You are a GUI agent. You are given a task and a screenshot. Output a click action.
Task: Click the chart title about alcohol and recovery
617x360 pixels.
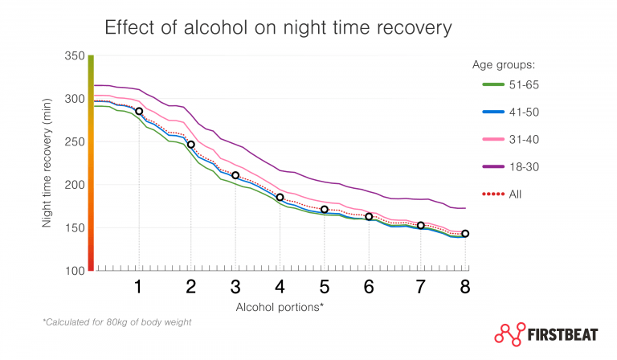[x=279, y=28]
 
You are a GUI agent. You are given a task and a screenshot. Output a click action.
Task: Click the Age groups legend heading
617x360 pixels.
[x=504, y=64]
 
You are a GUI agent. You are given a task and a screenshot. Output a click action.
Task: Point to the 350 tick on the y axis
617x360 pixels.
[x=73, y=56]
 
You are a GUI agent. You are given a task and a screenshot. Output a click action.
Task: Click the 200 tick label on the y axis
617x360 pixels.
[x=73, y=185]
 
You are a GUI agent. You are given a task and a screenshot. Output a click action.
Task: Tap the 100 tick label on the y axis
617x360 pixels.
[x=73, y=271]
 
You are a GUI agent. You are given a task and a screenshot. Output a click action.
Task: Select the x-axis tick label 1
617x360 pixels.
[x=139, y=287]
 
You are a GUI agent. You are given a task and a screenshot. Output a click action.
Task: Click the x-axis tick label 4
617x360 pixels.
[x=280, y=287]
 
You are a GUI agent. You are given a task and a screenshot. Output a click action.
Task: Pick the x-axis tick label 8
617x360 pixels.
[x=464, y=287]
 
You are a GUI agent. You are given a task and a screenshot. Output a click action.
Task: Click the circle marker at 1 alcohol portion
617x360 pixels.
[x=139, y=112]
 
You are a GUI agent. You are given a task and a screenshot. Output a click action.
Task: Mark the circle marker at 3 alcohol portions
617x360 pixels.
[x=235, y=175]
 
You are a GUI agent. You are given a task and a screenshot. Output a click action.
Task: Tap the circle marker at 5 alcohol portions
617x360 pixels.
[x=325, y=210]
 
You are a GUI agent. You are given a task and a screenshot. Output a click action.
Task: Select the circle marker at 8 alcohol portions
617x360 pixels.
[x=465, y=234]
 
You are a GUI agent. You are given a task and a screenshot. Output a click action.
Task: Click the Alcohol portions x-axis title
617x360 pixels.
[x=279, y=307]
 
